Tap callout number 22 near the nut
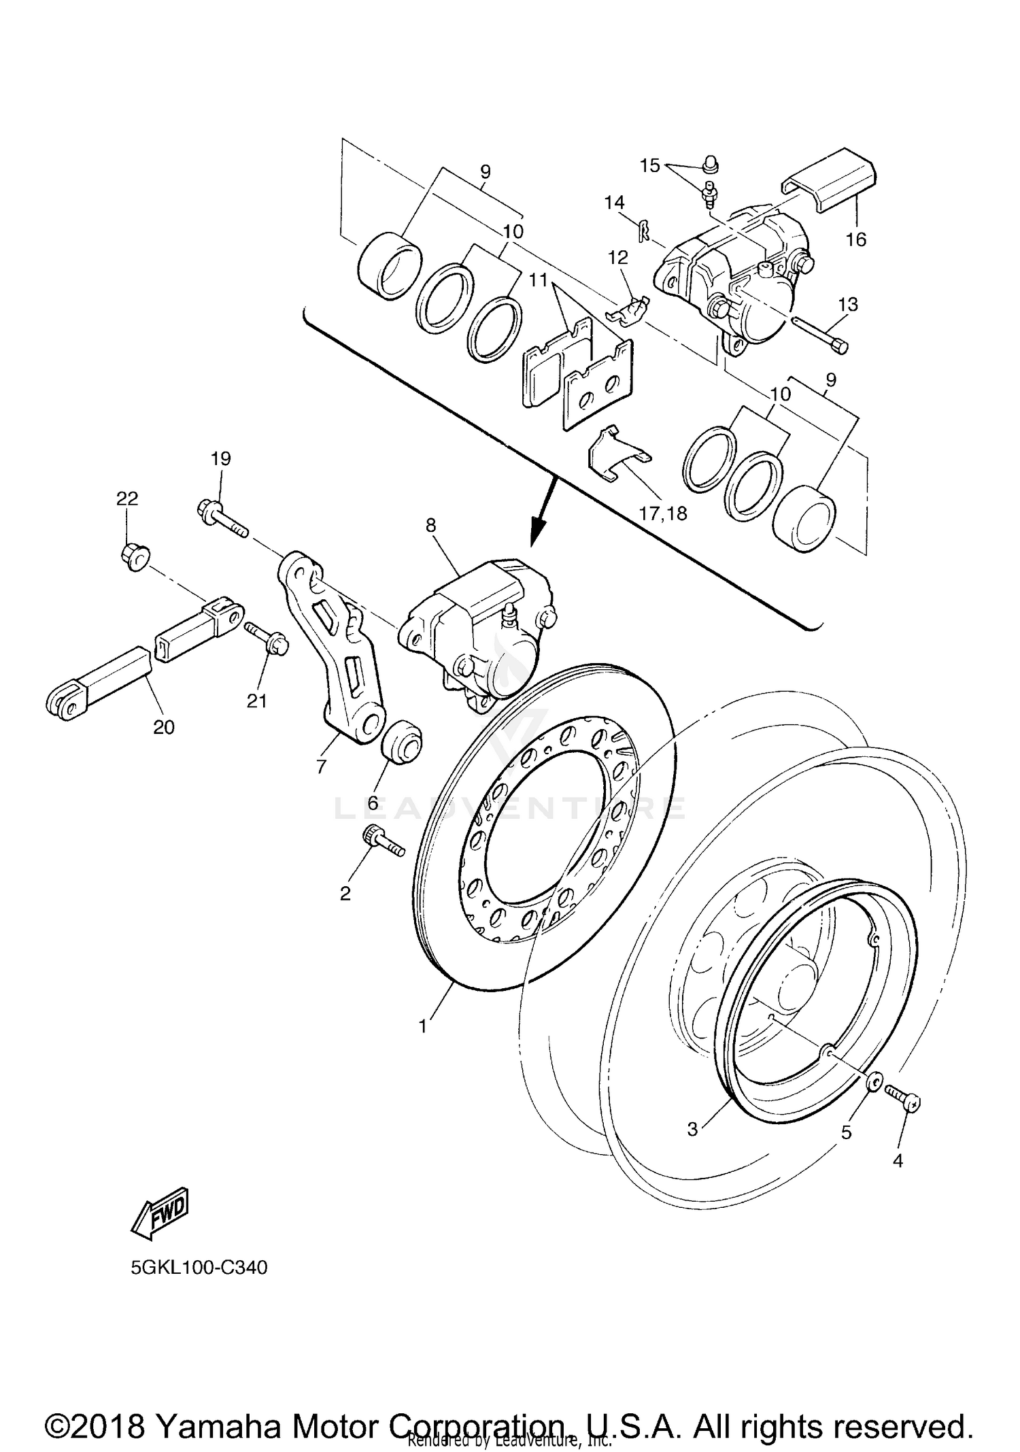point(127,499)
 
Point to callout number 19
point(220,458)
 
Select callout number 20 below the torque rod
point(164,727)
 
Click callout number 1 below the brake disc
point(424,1026)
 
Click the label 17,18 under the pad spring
point(663,513)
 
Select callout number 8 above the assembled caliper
point(430,525)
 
